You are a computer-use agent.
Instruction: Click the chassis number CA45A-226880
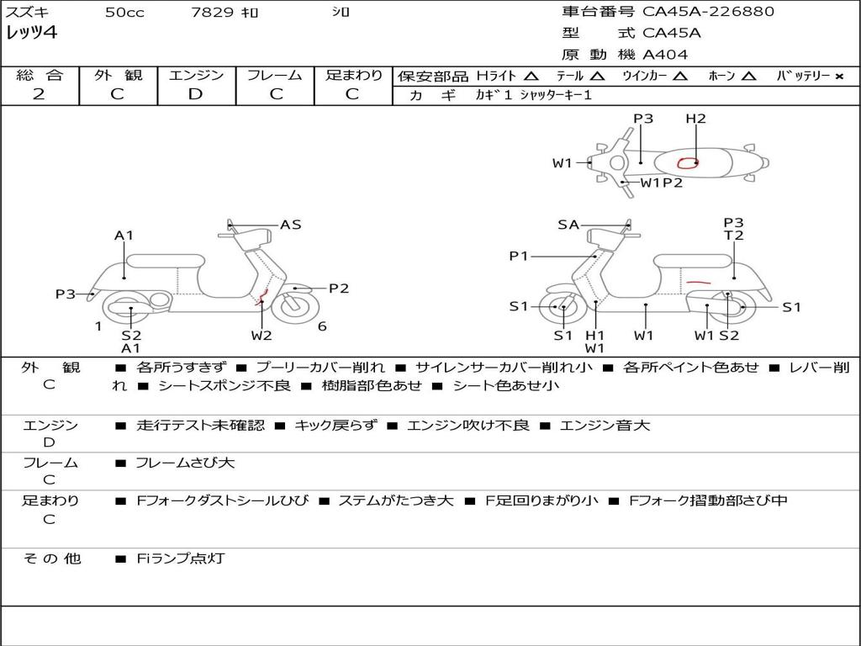(x=708, y=12)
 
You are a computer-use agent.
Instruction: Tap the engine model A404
(x=665, y=55)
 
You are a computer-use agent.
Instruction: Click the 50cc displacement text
(x=124, y=13)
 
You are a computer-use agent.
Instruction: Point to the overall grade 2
(x=39, y=94)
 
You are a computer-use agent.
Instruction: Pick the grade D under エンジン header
(x=196, y=94)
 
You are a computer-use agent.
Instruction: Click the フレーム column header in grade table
(x=274, y=75)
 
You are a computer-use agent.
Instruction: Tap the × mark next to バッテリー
(x=838, y=76)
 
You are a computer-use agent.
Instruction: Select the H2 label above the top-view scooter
(x=695, y=119)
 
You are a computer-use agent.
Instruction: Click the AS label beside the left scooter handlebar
(x=291, y=225)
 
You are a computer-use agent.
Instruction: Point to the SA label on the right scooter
(x=568, y=225)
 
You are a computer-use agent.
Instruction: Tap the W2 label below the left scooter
(x=261, y=336)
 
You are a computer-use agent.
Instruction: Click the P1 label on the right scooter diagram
(x=519, y=256)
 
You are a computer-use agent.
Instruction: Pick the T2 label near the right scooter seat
(x=734, y=236)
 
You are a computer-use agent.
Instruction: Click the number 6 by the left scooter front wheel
(x=322, y=326)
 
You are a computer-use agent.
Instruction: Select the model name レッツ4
(x=31, y=34)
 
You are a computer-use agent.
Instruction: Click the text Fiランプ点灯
(x=181, y=559)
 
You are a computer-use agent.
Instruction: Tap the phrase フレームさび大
(x=185, y=463)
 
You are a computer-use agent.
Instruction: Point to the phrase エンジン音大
(x=605, y=426)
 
